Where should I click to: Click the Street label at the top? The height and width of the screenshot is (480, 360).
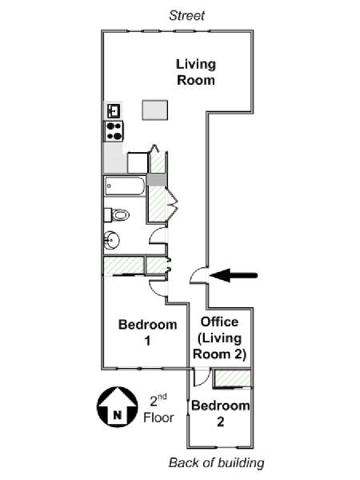(186, 16)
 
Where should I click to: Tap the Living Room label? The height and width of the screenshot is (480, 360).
(196, 72)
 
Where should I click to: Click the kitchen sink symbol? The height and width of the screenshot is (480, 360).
(114, 111)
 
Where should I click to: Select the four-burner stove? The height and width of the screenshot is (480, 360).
(114, 131)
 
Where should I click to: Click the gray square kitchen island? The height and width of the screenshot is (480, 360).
(155, 110)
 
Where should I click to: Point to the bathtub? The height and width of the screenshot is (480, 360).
(125, 186)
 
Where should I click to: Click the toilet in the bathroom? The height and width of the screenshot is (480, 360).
(117, 215)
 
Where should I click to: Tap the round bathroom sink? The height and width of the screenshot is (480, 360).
(111, 240)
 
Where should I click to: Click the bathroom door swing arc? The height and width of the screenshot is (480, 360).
(154, 234)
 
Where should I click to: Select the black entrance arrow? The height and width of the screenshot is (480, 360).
(234, 275)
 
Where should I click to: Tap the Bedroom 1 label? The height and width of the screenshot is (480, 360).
(147, 333)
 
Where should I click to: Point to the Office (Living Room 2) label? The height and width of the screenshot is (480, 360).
(220, 338)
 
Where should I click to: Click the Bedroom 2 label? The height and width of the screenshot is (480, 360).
(221, 414)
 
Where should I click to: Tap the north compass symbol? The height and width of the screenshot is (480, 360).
(118, 406)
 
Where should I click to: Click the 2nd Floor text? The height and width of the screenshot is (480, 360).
(158, 409)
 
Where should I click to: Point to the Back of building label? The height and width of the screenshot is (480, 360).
(217, 462)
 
